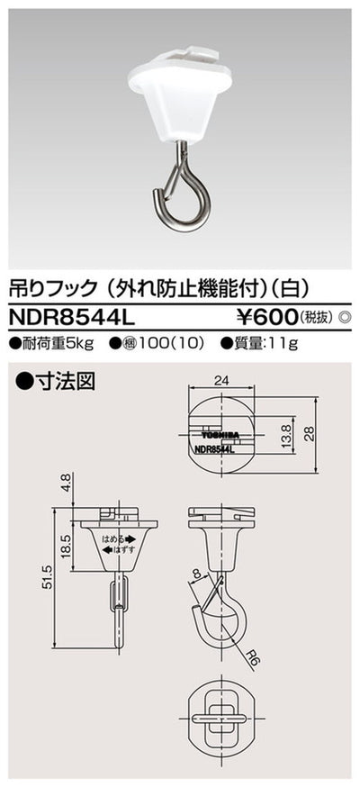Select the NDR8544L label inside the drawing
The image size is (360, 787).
(214, 446)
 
